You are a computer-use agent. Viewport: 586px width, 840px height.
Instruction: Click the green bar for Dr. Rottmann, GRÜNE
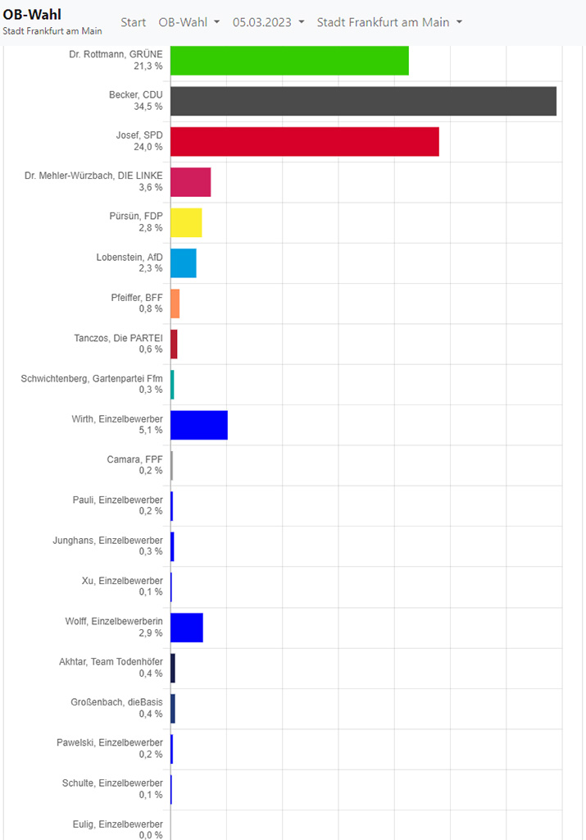tap(289, 61)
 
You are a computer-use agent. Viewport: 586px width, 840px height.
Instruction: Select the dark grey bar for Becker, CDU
tap(363, 101)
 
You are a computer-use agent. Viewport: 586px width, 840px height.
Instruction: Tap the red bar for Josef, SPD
tap(304, 141)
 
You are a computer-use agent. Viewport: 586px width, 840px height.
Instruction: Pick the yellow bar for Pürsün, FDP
tap(186, 222)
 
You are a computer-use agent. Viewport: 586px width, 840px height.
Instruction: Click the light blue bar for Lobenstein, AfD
tap(183, 262)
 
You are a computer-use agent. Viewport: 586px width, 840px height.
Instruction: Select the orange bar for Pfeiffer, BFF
tap(175, 304)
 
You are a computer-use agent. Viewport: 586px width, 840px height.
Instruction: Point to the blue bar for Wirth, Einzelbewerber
tap(198, 424)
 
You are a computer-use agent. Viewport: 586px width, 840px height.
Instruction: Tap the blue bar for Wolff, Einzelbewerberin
tap(186, 628)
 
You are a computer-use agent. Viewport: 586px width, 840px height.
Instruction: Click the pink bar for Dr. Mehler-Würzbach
tap(190, 182)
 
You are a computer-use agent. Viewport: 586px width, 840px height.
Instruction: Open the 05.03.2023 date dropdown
tap(268, 22)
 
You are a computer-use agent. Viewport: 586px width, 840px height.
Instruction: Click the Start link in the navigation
tap(134, 22)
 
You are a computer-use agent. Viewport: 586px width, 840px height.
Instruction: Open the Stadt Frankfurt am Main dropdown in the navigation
tap(389, 22)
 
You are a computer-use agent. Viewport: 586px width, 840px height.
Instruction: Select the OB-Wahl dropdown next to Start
tap(189, 22)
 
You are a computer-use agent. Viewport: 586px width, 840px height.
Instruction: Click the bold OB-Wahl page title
tap(32, 14)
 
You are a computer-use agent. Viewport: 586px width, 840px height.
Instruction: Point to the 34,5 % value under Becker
tap(148, 107)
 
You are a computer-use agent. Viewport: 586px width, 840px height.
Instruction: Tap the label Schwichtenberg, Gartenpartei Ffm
tap(92, 378)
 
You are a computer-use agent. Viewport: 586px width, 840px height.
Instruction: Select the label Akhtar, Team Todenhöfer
tap(111, 661)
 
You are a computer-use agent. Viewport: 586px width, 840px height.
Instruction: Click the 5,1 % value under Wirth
tap(150, 430)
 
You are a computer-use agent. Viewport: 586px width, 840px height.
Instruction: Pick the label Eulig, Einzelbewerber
tap(117, 823)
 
